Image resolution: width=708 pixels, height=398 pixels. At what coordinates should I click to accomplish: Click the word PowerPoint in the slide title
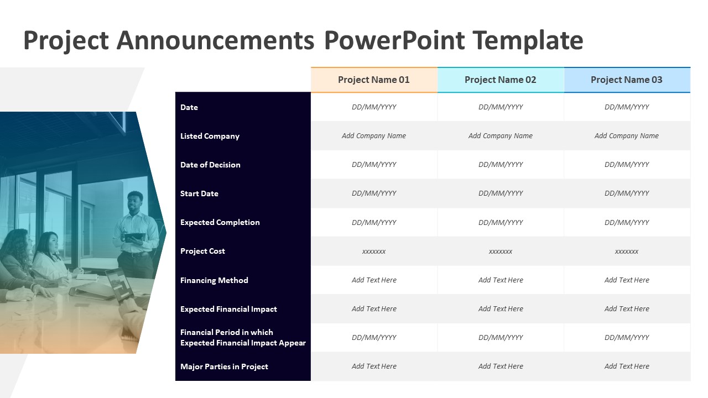[393, 40]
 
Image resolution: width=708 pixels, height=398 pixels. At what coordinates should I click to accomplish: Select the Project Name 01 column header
[374, 80]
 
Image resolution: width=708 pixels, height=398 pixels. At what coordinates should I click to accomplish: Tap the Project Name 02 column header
[501, 80]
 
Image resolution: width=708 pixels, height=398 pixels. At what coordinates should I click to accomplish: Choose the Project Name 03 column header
[627, 80]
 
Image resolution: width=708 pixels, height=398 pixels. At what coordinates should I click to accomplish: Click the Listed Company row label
[210, 136]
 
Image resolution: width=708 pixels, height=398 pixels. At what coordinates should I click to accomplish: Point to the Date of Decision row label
[210, 165]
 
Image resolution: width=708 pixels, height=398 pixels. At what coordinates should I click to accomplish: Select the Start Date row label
[199, 193]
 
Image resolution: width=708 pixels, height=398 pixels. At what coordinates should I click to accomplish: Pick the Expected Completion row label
[220, 222]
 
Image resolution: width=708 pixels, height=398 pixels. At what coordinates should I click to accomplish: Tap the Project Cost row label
[202, 251]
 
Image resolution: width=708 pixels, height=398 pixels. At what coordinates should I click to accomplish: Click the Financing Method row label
[214, 280]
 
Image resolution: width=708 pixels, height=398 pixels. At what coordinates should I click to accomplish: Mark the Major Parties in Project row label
[224, 366]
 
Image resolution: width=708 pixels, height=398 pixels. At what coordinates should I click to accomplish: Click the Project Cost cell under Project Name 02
[501, 252]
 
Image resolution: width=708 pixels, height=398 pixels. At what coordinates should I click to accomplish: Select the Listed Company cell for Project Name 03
[627, 136]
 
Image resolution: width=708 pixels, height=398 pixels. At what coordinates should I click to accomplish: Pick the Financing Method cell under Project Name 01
[374, 280]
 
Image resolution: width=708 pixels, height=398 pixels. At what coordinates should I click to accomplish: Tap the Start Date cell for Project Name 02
[501, 193]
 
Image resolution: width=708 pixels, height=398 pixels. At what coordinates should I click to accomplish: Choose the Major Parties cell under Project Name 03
[627, 366]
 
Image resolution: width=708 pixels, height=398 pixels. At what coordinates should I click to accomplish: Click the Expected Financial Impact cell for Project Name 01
[374, 309]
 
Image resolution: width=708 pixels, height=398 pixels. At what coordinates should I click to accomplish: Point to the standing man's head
[134, 201]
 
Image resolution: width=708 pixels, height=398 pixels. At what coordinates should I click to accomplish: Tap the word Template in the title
[528, 40]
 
